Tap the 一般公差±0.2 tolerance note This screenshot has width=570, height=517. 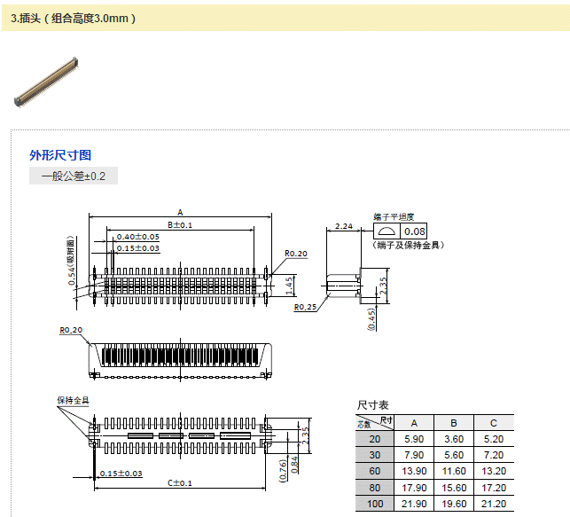(x=74, y=176)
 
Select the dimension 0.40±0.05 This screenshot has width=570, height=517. (x=137, y=237)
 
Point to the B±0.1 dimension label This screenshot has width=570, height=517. (x=180, y=225)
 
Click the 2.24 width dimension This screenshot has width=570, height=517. (x=345, y=226)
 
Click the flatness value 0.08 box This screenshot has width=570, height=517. (x=414, y=231)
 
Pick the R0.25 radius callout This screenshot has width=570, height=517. (x=306, y=308)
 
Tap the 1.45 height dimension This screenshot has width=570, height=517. (x=291, y=284)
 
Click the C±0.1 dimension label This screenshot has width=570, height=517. (x=180, y=482)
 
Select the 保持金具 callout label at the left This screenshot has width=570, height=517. (x=74, y=401)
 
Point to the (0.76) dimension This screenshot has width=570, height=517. (x=283, y=469)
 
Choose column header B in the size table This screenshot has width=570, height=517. (x=453, y=422)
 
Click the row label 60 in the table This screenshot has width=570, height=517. (x=374, y=471)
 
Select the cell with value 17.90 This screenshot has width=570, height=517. (x=414, y=487)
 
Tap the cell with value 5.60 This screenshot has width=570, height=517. (x=453, y=455)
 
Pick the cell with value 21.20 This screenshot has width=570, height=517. (x=493, y=503)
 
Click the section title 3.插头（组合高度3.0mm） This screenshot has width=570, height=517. (x=73, y=17)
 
